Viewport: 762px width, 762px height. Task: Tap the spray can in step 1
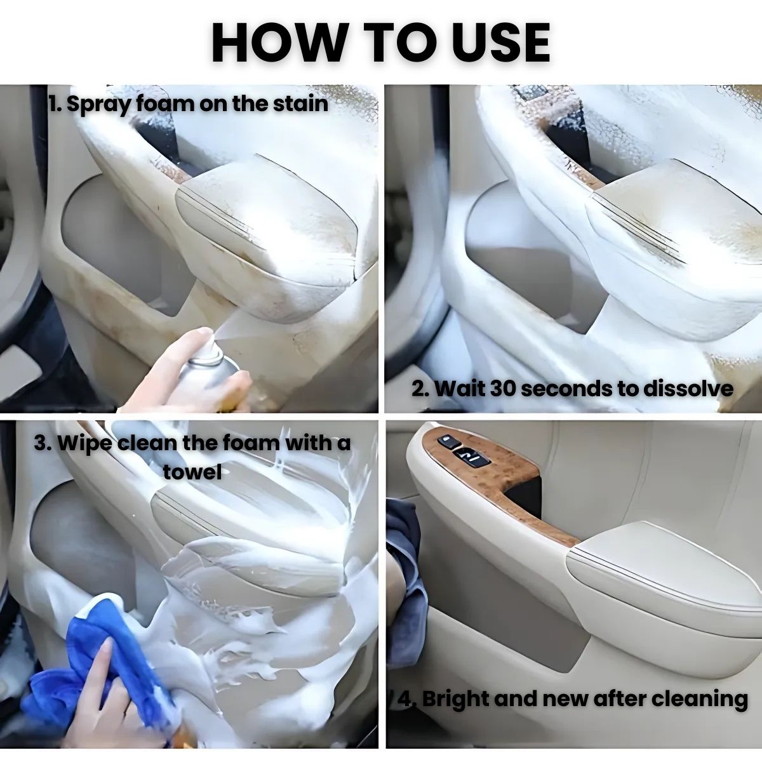click(x=210, y=371)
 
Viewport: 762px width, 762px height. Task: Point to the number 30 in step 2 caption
click(x=504, y=389)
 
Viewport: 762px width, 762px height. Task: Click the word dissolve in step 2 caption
click(x=688, y=389)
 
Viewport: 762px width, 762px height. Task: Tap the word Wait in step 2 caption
click(x=459, y=389)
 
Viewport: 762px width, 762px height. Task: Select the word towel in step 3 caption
click(x=192, y=472)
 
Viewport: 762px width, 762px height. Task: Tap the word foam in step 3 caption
click(x=250, y=443)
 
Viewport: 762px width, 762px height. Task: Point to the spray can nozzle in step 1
click(x=211, y=338)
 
